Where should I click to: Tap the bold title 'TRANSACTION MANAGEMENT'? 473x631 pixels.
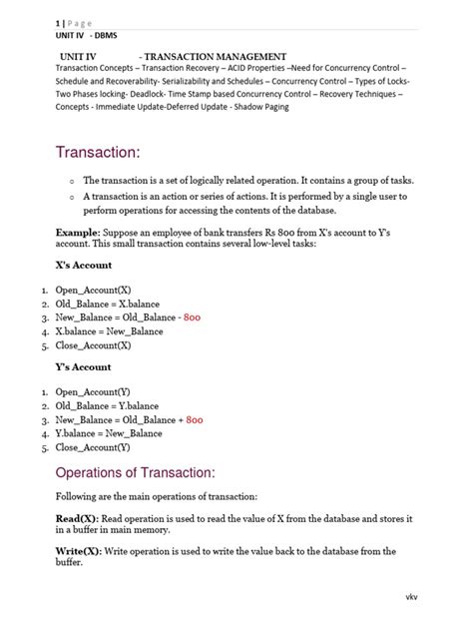pyautogui.click(x=217, y=57)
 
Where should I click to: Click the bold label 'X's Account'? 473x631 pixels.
pyautogui.click(x=84, y=265)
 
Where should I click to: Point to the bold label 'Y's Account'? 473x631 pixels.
pyautogui.click(x=83, y=367)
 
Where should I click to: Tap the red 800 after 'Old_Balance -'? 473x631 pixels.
pyautogui.click(x=193, y=317)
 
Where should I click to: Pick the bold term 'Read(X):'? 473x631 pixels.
pyautogui.click(x=77, y=519)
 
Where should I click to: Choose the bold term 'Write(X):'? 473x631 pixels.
pyautogui.click(x=79, y=551)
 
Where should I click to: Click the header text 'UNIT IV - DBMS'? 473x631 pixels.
pyautogui.click(x=87, y=33)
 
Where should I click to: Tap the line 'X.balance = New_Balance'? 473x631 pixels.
pyautogui.click(x=109, y=331)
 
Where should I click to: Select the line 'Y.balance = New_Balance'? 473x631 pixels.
pyautogui.click(x=109, y=433)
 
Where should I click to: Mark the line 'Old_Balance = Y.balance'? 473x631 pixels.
pyautogui.click(x=107, y=406)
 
